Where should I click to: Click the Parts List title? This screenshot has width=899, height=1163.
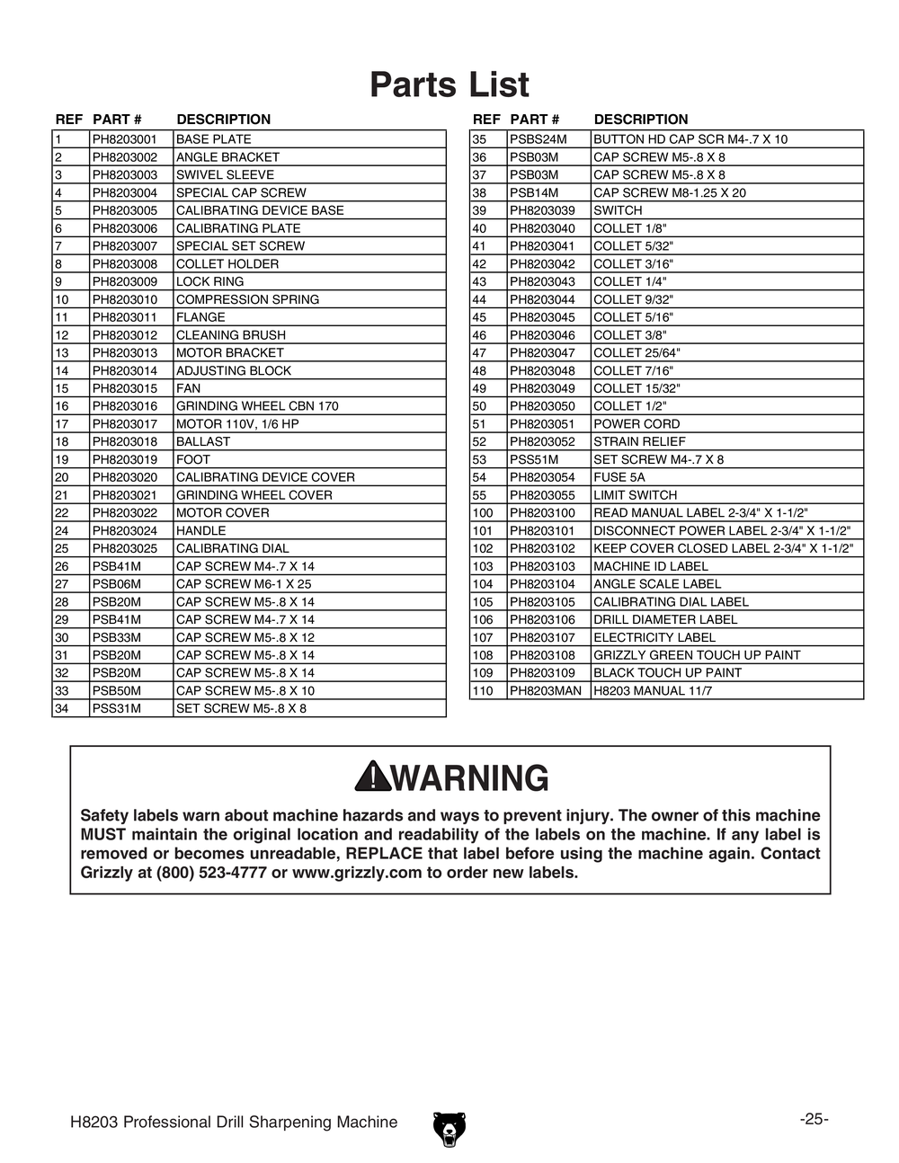(449, 85)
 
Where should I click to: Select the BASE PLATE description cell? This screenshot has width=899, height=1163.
(214, 139)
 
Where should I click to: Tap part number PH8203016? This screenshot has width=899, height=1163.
(124, 406)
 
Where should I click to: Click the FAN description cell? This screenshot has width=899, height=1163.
(189, 388)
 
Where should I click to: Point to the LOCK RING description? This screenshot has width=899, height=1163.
(209, 281)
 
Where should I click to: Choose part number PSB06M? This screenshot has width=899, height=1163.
(117, 584)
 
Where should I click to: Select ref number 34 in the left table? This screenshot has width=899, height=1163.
(62, 708)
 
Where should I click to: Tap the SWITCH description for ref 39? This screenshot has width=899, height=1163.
(618, 210)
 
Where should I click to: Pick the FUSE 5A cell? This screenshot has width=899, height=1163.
(619, 477)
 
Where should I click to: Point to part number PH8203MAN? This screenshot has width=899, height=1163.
(545, 691)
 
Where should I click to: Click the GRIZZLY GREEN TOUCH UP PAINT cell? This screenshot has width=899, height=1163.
(697, 655)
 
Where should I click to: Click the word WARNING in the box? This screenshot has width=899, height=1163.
(469, 778)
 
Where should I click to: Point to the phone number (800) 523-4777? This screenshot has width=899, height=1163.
(211, 873)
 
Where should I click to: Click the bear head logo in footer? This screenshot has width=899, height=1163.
(449, 1129)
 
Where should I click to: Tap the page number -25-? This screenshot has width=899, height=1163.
(814, 1119)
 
